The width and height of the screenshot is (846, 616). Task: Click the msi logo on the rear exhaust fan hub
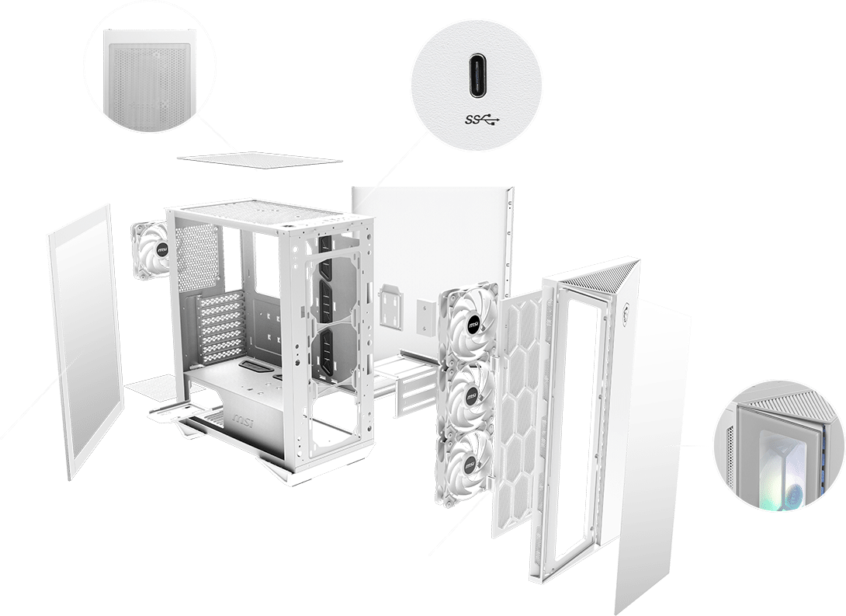coord(161,251)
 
